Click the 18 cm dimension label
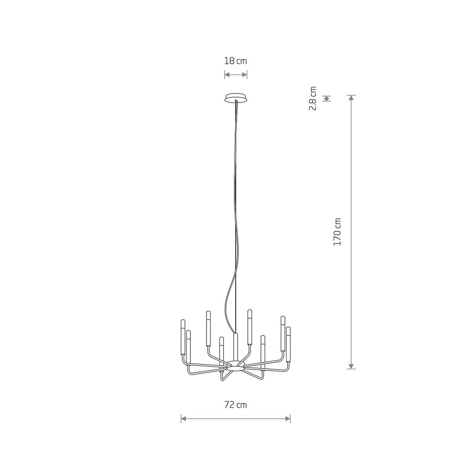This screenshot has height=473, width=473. [x=235, y=61]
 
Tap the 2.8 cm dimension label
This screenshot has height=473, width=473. [x=313, y=99]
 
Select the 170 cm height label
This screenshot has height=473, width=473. [x=337, y=232]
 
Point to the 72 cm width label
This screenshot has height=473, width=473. [x=236, y=404]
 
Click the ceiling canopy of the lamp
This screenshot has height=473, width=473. [x=236, y=97]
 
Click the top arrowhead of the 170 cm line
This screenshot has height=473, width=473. [x=351, y=98]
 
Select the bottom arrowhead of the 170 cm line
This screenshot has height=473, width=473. [x=351, y=366]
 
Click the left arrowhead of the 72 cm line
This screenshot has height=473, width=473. [x=184, y=418]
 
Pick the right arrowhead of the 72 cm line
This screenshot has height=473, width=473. [x=287, y=418]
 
